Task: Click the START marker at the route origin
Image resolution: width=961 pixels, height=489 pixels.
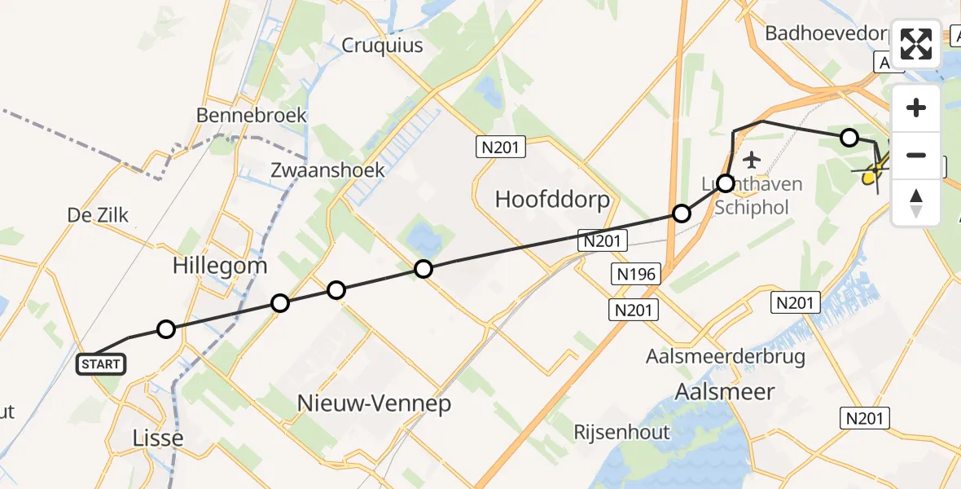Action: (101, 364)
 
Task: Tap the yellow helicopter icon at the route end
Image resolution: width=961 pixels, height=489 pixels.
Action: (870, 173)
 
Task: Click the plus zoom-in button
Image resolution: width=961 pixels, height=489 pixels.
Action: (916, 108)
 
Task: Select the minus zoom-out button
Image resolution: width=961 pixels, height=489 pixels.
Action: (916, 155)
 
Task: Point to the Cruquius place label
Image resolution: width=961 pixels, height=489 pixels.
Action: (382, 45)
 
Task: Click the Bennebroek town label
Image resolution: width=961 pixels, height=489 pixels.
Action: (252, 115)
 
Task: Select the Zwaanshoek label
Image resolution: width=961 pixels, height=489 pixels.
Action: (328, 170)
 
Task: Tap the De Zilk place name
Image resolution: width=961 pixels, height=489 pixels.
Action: (98, 215)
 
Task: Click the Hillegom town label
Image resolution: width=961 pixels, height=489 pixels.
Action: (220, 266)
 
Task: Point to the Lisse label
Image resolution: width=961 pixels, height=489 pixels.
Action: (157, 438)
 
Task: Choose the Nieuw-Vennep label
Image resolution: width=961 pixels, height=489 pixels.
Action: (374, 403)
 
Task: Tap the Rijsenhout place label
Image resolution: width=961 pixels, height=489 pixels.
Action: (621, 432)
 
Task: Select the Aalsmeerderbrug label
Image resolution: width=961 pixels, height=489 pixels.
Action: (726, 357)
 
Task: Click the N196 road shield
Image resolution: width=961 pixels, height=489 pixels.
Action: (636, 274)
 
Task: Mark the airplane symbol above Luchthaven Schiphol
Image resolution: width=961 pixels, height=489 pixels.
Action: (750, 159)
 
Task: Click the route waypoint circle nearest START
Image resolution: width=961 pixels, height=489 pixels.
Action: (166, 329)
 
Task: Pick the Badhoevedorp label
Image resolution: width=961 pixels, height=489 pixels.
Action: (827, 33)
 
